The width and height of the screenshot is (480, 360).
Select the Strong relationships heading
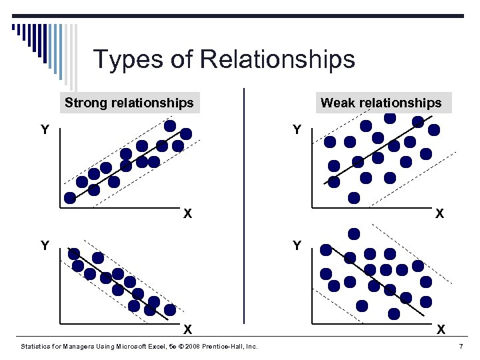pyautogui.click(x=129, y=103)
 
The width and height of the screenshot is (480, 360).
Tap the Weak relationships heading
pyautogui.click(x=381, y=103)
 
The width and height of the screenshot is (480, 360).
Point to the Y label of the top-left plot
pyautogui.click(x=45, y=129)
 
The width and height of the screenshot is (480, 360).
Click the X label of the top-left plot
pyautogui.click(x=188, y=214)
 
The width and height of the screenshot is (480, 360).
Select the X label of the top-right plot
pyautogui.click(x=440, y=214)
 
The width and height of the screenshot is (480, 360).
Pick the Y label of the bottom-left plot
pyautogui.click(x=45, y=246)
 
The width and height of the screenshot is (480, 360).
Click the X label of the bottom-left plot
pyautogui.click(x=188, y=329)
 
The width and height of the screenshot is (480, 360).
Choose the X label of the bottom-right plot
pyautogui.click(x=440, y=329)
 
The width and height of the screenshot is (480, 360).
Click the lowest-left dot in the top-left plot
pyautogui.click(x=70, y=198)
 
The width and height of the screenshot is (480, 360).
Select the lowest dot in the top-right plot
pyautogui.click(x=354, y=197)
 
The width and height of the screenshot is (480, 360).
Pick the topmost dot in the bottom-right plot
pyautogui.click(x=354, y=233)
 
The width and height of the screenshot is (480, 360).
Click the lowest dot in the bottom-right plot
pyautogui.click(x=394, y=313)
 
